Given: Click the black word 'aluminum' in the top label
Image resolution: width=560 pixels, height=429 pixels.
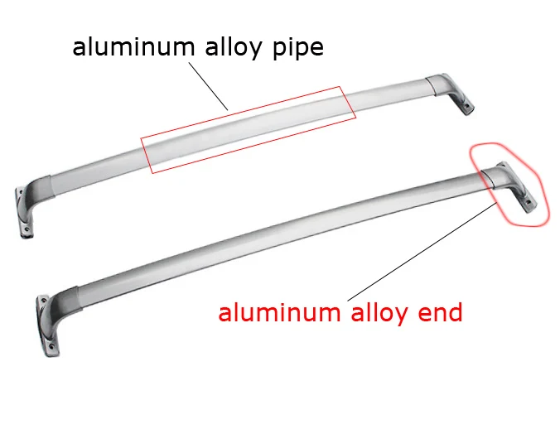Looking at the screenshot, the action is [133, 46].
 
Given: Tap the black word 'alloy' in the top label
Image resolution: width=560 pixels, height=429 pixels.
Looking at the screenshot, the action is [234, 47].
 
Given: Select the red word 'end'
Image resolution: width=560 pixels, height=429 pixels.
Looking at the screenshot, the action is [440, 313].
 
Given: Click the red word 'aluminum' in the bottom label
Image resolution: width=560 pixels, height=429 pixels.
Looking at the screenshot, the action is [279, 313].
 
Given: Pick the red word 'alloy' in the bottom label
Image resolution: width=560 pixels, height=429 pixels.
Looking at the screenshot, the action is [379, 314].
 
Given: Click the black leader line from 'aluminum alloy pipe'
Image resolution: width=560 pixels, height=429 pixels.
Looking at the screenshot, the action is [208, 86].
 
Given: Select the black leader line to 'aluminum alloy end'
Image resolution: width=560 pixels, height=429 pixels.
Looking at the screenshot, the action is [422, 252].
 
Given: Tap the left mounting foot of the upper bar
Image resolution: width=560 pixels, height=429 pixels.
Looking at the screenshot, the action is [23, 212].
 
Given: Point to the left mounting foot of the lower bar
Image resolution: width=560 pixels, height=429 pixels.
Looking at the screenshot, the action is [47, 325].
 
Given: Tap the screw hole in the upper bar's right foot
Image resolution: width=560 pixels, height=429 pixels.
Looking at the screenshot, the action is [466, 106].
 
